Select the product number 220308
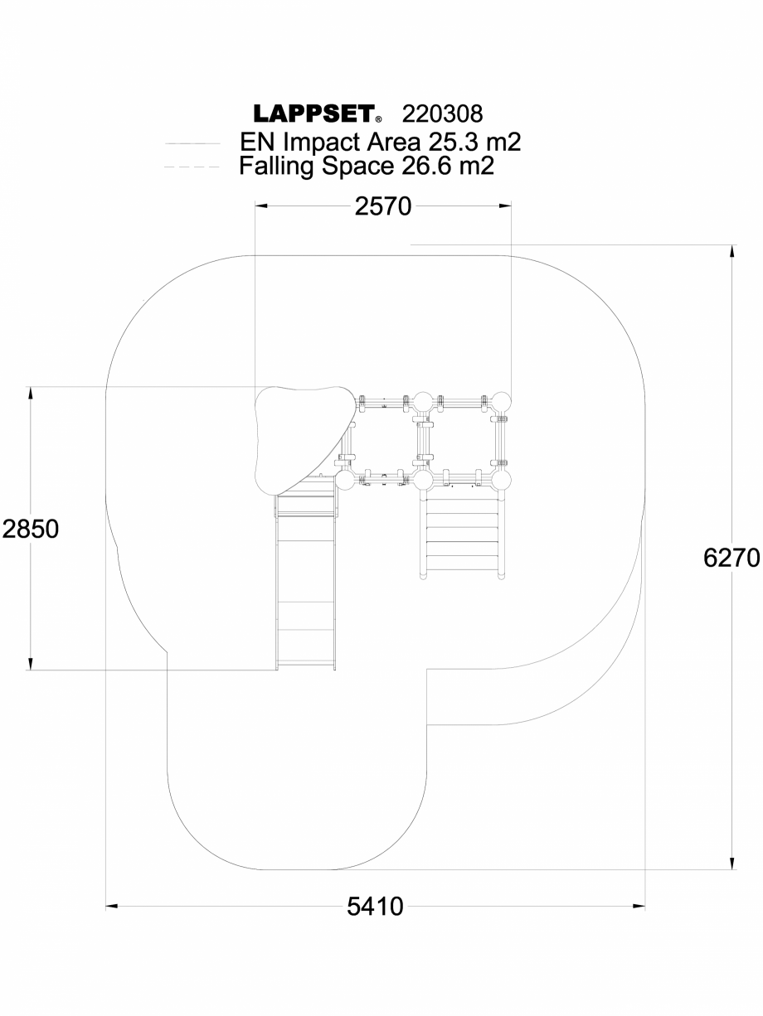441,114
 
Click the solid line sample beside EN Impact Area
192,143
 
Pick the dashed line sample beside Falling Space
192,167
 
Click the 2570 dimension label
383,206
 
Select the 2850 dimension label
30,529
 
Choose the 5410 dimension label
375,907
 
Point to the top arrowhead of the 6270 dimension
731,251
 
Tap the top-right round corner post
501,403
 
